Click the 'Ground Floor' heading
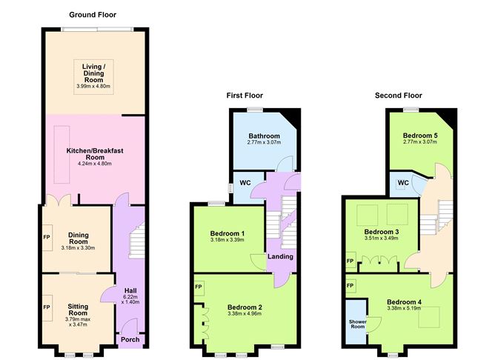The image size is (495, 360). coord(93,15)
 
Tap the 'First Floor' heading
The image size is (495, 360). coord(245,96)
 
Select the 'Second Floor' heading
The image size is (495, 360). coord(398,96)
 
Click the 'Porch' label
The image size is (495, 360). coord(130,340)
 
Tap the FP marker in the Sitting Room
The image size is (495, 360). coord(46,306)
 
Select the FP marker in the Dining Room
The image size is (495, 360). coord(46,239)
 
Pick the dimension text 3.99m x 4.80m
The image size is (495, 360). coord(93,86)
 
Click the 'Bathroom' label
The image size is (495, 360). coord(264,136)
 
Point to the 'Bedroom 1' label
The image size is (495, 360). coord(227,233)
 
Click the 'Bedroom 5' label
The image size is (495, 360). coord(420,136)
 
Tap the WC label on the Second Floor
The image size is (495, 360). coord(404,182)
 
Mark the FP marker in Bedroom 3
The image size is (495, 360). coord(350,261)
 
